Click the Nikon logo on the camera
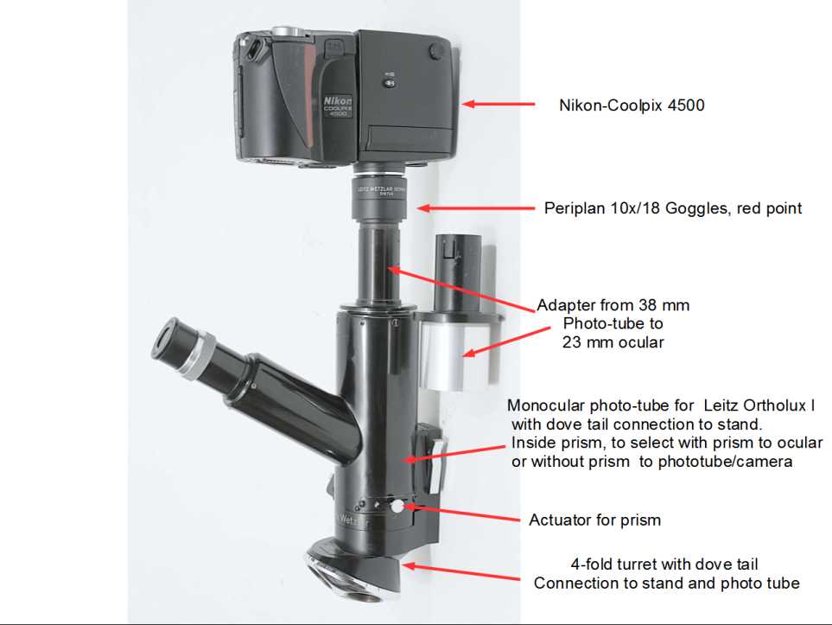click(338, 100)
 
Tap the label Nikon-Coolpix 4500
click(632, 105)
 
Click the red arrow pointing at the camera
click(499, 104)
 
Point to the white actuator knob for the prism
click(397, 507)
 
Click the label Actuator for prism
click(594, 520)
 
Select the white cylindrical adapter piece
click(446, 356)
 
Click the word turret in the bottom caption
click(635, 564)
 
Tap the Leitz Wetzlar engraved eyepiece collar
click(380, 196)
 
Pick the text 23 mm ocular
click(613, 342)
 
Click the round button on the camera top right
click(436, 52)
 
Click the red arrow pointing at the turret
click(460, 571)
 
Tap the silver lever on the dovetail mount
click(435, 465)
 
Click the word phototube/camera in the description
click(726, 462)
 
